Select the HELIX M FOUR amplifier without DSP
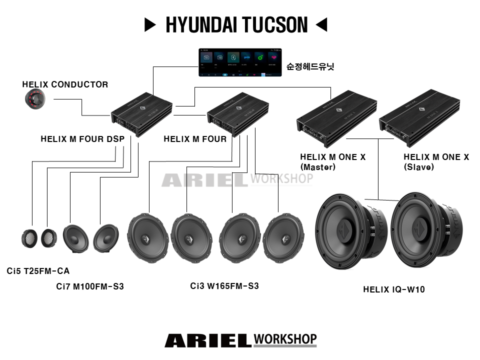pyautogui.click(x=237, y=113)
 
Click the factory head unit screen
pyautogui.click(x=240, y=62)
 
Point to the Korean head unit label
pyautogui.click(x=309, y=66)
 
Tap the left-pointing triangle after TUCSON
pyautogui.click(x=321, y=24)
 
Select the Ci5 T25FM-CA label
pyautogui.click(x=38, y=271)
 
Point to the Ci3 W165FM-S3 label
pyautogui.click(x=224, y=286)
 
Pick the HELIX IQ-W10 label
pyautogui.click(x=394, y=289)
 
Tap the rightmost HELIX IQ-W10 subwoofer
pyautogui.click(x=425, y=232)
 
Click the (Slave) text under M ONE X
pyautogui.click(x=418, y=167)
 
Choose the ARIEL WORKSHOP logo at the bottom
pyautogui.click(x=240, y=340)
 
